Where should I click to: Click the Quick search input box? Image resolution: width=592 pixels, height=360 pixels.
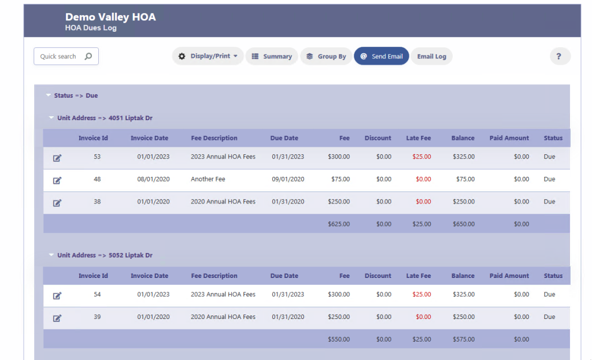point(60,57)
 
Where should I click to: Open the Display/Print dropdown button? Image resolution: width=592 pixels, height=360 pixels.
point(208,56)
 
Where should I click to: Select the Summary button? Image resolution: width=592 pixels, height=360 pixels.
point(272,56)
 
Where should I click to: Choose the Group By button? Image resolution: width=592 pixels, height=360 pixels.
point(326,56)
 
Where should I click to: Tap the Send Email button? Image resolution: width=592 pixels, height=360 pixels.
point(382,56)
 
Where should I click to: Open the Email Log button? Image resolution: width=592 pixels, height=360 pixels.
point(432,56)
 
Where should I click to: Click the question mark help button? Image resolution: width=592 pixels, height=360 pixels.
point(559,56)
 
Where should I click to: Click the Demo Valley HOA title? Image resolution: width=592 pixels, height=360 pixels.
point(110,17)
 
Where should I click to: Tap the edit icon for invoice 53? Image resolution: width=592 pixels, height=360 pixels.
point(57,158)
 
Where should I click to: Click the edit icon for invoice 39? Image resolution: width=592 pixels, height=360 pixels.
point(57,318)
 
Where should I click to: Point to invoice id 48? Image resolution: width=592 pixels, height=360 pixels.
point(97,179)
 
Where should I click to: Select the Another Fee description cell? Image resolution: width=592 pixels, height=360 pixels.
point(208,179)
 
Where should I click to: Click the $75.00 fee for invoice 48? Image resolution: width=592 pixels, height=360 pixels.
point(340,179)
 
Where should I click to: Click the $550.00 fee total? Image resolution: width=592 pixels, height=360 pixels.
point(338,339)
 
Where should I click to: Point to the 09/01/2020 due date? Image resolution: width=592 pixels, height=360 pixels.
point(288,179)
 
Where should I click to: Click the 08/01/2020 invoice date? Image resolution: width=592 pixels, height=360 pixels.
point(153,179)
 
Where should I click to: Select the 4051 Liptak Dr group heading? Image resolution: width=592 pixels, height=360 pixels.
point(105,118)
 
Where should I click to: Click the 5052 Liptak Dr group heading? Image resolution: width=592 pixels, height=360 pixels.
point(105,255)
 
